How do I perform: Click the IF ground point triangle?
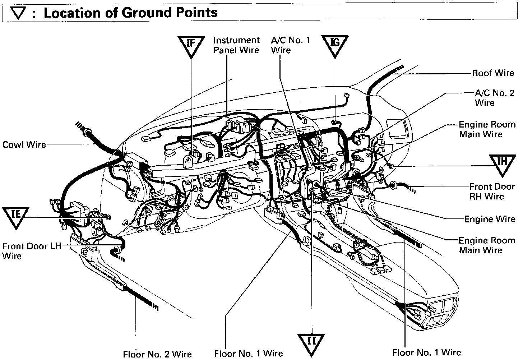(191, 45)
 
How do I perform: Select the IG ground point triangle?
(335, 45)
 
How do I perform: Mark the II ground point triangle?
(311, 342)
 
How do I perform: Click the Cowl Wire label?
(24, 144)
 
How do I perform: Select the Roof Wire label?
(493, 73)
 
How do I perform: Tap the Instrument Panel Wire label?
(236, 45)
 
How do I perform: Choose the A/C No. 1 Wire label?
(290, 45)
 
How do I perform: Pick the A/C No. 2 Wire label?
(494, 98)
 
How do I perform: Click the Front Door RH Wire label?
(492, 191)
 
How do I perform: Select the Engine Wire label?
(490, 219)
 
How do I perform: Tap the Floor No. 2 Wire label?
(157, 354)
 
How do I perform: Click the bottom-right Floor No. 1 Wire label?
(426, 352)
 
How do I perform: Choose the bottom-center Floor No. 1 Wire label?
(249, 354)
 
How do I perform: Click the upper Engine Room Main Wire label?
(487, 129)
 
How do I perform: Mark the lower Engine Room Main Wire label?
(487, 245)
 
